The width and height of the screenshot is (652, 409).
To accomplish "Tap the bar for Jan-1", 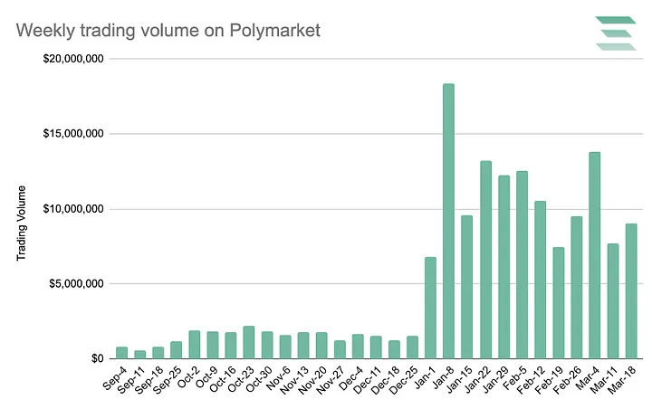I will (x=430, y=308).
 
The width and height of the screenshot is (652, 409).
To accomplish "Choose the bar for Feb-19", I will (x=558, y=303).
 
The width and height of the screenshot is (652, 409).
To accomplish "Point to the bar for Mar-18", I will (x=630, y=290).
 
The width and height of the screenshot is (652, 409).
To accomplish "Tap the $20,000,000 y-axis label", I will (x=72, y=59).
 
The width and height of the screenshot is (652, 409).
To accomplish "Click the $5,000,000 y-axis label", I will (x=76, y=283).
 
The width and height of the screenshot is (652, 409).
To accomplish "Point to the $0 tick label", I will (x=97, y=358).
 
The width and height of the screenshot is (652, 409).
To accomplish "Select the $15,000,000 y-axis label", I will (x=72, y=134).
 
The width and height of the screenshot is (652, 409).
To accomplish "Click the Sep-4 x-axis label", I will (x=114, y=379).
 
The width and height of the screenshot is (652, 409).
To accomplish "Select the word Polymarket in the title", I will (x=273, y=32).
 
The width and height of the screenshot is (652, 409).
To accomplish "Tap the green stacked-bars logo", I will (x=616, y=33).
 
